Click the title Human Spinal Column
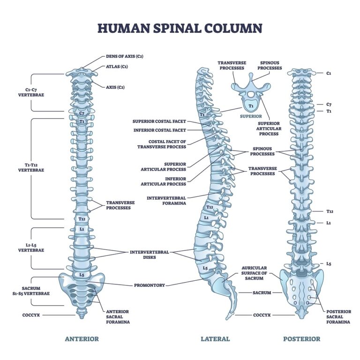pos(180,28)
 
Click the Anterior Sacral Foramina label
pos(117,317)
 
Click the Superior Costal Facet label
pos(159,121)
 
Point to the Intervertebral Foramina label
pos(166,200)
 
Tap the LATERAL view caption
pos(215,339)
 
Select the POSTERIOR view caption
pos(301,339)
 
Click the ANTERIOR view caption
pos(82,339)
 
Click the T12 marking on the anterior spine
pos(82,219)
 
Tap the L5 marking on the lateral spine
pos(205,268)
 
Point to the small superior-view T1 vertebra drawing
pos(251,96)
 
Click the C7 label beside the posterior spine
pos(329,105)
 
